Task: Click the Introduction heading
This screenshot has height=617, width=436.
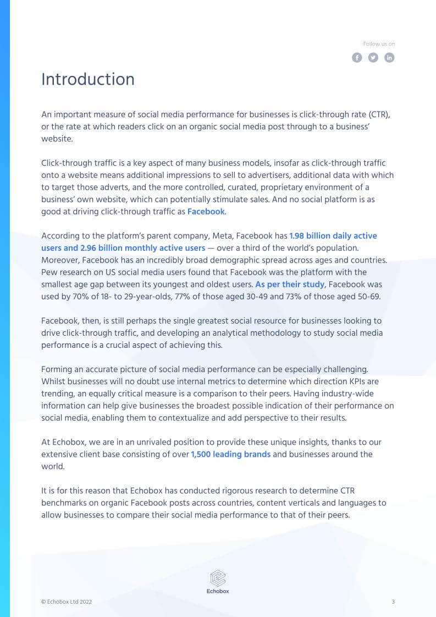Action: [x=88, y=79]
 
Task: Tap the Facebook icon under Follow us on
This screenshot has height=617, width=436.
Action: [x=357, y=57]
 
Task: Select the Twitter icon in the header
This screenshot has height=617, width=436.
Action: [x=373, y=57]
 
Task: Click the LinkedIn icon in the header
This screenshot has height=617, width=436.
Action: [x=389, y=57]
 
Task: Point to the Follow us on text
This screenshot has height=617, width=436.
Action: [x=379, y=44]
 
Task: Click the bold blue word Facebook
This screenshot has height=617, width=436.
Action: [x=206, y=211]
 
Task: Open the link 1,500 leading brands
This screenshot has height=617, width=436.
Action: [x=230, y=454]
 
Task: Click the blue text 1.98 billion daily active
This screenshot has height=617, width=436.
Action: [x=333, y=236]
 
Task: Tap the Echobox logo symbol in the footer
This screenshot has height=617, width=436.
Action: [x=218, y=578]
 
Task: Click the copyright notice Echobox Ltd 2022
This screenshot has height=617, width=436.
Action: [x=67, y=602]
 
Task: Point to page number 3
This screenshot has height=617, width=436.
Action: [x=393, y=602]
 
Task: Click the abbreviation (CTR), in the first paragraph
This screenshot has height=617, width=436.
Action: [x=379, y=114]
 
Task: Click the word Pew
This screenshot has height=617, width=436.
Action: [x=49, y=272]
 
